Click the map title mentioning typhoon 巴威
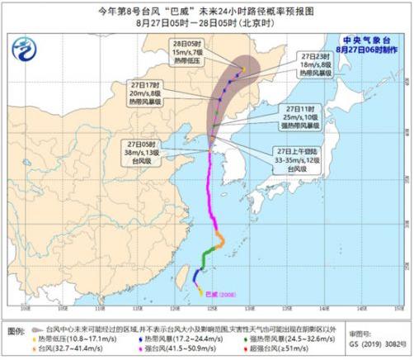tap(206, 10)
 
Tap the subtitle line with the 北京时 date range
tap(206, 23)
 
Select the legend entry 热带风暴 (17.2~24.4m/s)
tap(186, 339)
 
